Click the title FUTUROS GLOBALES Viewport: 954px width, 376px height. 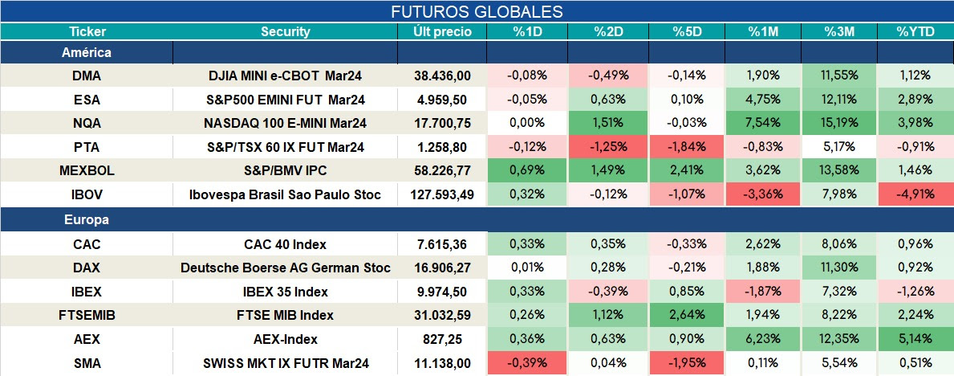tap(477, 11)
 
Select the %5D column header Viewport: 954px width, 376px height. tap(687, 32)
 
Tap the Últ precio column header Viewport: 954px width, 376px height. tap(442, 32)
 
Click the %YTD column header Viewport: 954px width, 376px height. tap(915, 32)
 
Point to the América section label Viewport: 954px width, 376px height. tap(87, 52)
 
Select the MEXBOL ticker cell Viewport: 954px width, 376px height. tap(87, 171)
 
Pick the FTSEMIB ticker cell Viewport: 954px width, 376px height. tap(87, 316)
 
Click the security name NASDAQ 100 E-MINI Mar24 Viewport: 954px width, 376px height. tap(286, 123)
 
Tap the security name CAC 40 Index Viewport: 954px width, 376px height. tap(286, 244)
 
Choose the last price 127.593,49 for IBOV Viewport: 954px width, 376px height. tap(442, 195)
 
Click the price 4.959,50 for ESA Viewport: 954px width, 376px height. tap(442, 100)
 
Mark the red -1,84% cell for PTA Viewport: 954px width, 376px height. tap(687, 147)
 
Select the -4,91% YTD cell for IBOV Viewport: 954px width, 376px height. tap(915, 195)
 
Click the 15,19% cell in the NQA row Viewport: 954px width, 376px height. tap(839, 123)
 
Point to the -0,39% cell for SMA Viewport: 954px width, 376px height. tap(527, 363)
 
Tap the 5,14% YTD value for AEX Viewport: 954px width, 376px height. tap(915, 339)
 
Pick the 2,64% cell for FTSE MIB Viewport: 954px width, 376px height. tap(687, 316)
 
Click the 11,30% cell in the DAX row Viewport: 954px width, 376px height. tap(839, 268)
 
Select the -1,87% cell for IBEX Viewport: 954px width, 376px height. tap(763, 292)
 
